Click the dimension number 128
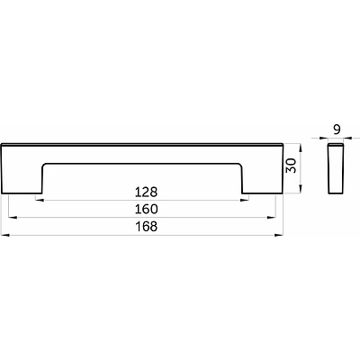click(146, 192)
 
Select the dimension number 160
click(146, 209)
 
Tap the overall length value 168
click(146, 227)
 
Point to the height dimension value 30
click(291, 166)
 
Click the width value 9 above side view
click(337, 130)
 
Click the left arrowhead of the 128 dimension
click(40, 200)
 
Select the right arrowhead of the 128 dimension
click(245, 200)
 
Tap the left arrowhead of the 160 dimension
click(13, 217)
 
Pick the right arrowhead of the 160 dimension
click(272, 217)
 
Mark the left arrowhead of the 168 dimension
click(5, 235)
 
